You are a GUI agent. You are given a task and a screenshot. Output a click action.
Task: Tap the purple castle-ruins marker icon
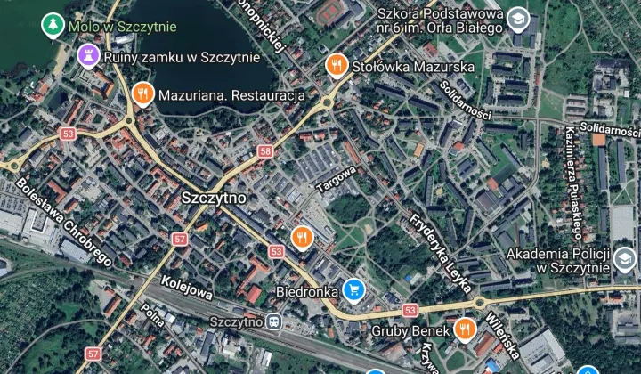pos(87,58)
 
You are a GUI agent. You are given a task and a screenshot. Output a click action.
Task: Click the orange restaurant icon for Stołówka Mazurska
pos(337,64)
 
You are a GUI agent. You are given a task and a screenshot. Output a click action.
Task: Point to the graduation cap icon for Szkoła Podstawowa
pos(518,20)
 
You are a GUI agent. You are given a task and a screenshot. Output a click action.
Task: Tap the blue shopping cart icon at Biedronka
pos(354,289)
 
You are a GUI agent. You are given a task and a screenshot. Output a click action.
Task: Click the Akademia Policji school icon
pos(625,260)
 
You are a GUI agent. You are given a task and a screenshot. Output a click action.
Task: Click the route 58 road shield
pos(265,151)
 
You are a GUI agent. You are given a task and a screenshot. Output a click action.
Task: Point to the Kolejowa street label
pos(186,287)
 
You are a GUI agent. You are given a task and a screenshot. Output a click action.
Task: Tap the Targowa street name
pos(336,179)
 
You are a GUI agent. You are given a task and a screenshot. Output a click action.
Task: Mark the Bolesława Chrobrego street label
pos(63,221)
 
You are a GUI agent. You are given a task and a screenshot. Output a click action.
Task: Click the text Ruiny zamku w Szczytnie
pos(182,58)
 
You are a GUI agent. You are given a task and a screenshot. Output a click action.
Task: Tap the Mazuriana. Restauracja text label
pos(231,94)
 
